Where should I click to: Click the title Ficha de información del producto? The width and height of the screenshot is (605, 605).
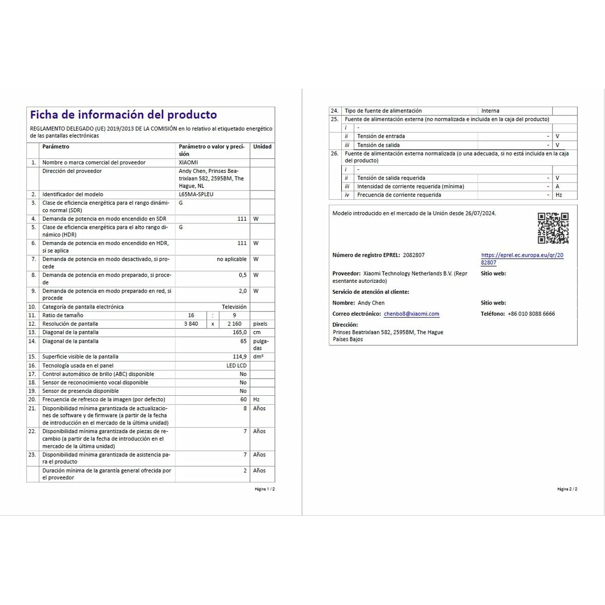click(x=123, y=115)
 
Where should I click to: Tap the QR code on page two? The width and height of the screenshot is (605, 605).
click(x=553, y=228)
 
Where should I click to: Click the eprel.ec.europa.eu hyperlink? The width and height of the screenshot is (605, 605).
click(x=522, y=259)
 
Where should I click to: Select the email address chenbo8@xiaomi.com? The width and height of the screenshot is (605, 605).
click(x=411, y=314)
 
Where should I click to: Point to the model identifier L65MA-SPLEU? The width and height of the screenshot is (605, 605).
click(x=196, y=194)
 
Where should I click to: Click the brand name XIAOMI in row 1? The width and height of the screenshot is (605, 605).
click(x=189, y=162)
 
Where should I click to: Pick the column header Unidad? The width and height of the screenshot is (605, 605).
click(x=262, y=147)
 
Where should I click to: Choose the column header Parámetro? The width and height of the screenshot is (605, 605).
click(x=56, y=147)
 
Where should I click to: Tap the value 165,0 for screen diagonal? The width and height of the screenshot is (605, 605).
click(x=239, y=332)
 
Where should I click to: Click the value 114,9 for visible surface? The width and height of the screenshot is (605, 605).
click(x=239, y=356)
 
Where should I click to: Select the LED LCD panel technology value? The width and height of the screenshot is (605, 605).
click(x=236, y=366)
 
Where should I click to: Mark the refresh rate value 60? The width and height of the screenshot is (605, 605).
click(x=244, y=399)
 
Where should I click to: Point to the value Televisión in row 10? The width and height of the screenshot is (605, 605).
click(x=234, y=307)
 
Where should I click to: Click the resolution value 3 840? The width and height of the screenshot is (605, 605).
click(x=191, y=324)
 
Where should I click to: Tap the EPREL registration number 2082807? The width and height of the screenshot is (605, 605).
click(x=414, y=255)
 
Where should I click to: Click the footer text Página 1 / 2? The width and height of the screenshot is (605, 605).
click(x=265, y=489)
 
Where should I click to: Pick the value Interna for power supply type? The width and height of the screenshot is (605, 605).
click(x=490, y=111)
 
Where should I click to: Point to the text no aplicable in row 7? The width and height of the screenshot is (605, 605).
click(x=232, y=259)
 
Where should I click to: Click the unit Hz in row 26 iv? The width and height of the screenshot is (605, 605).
click(x=559, y=195)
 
